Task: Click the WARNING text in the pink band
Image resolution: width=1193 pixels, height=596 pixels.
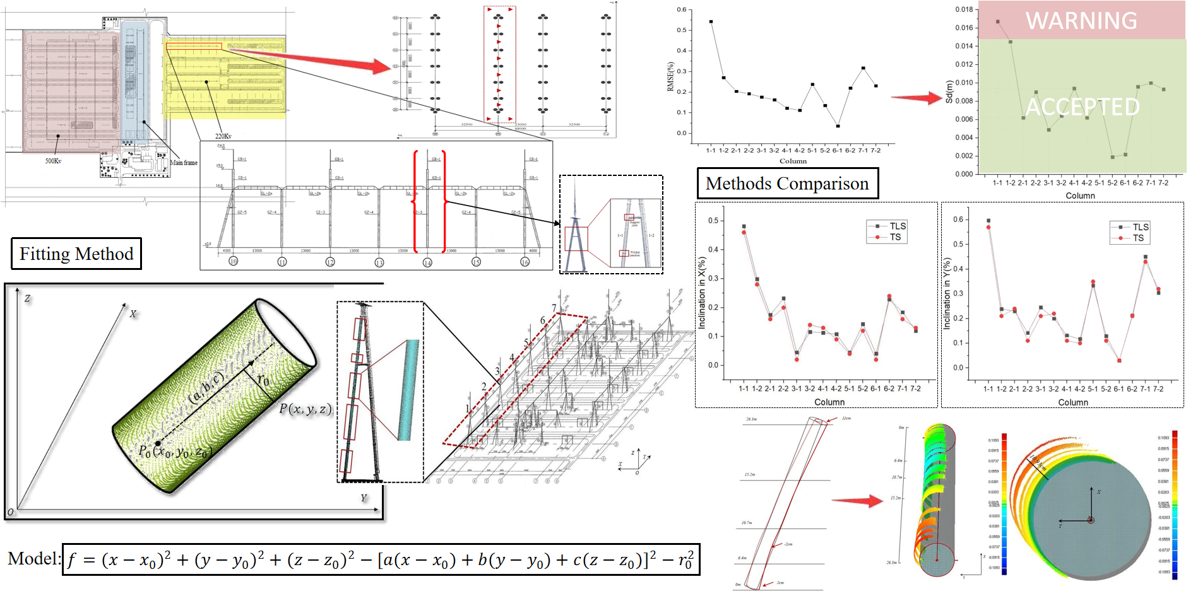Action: coord(1081,21)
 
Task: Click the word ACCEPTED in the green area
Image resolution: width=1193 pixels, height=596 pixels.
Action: coord(1083,107)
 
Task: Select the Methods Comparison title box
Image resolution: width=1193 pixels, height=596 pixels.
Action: coord(787,184)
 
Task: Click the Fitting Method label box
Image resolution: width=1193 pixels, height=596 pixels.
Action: coord(76,254)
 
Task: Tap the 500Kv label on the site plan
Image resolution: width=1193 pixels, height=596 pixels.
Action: coord(53,161)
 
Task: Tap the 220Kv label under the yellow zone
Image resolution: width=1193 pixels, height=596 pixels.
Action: coord(223,136)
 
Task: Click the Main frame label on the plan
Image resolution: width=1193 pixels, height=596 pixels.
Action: coord(184,163)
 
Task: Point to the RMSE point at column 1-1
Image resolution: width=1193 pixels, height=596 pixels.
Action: coord(711,21)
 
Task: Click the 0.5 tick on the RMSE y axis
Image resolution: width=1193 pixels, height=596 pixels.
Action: coord(682,30)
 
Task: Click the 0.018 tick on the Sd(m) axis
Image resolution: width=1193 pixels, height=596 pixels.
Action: coord(964,9)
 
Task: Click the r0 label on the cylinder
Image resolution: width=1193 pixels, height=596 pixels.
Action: coord(263,380)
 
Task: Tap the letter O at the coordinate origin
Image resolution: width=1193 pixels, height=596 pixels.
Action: coord(10,511)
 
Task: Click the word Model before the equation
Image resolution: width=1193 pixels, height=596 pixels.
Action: coord(33,559)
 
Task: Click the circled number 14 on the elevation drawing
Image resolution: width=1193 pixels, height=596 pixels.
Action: coord(427,262)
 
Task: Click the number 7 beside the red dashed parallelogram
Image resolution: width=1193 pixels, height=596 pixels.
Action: coord(554,308)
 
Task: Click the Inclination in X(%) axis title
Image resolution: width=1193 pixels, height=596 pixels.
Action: coord(701,293)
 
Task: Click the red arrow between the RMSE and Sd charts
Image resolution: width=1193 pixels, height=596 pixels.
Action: coord(917,98)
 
